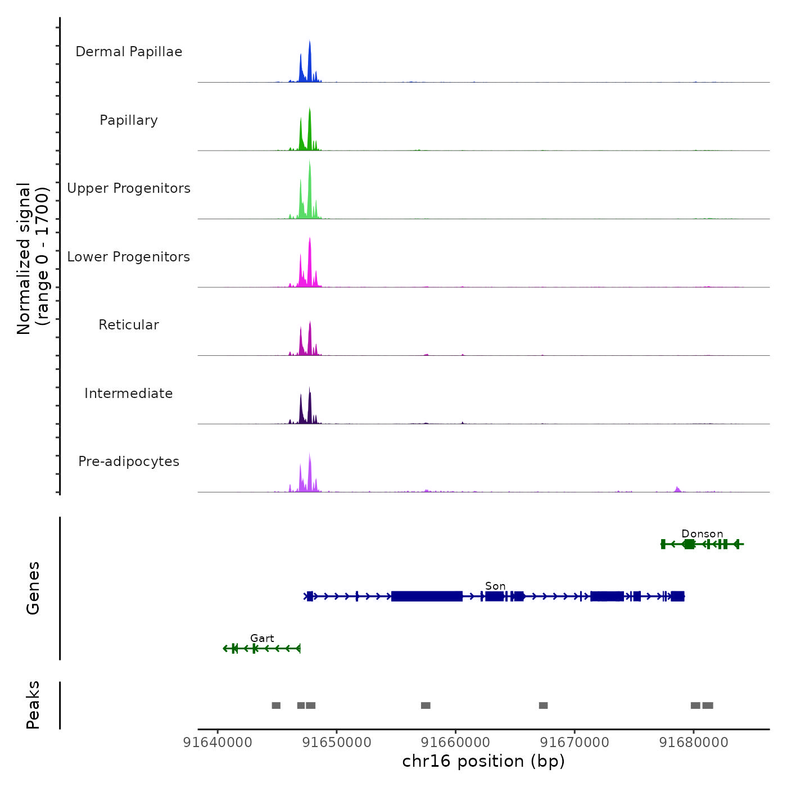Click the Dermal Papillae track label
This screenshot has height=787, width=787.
129,52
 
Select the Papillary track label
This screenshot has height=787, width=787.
129,120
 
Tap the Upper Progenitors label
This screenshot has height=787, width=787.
129,188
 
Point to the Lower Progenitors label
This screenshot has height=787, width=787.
129,257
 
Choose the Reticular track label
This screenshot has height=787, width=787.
129,325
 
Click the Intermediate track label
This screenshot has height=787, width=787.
129,393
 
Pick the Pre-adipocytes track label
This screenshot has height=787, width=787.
129,462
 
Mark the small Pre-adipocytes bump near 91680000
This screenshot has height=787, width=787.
677,489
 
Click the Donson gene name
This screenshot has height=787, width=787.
702,533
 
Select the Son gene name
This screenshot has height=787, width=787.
495,586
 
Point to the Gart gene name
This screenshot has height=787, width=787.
262,638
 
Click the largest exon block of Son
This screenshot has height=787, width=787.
427,596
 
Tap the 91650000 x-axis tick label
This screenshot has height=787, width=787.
337,743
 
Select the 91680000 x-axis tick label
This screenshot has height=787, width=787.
694,743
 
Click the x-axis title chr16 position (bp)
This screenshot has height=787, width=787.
483,761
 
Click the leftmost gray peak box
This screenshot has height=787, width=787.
276,705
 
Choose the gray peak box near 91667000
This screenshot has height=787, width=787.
543,705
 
